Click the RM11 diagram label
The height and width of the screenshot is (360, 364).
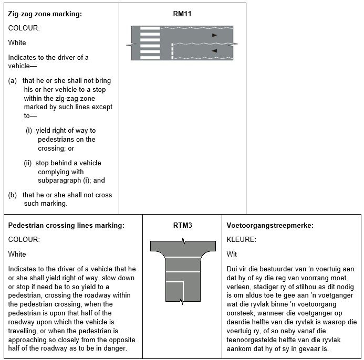182,14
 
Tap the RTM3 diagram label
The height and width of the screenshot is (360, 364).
182,225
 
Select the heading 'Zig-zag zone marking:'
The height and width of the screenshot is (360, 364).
45,14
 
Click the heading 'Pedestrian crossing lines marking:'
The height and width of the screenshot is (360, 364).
66,226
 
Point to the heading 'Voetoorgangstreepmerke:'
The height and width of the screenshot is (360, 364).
270,226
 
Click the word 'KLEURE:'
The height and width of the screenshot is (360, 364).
242,239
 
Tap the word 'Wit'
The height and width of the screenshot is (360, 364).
232,254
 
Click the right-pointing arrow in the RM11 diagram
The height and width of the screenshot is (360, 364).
214,35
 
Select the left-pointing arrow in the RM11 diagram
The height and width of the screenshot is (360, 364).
214,50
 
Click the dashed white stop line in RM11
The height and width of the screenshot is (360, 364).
172,51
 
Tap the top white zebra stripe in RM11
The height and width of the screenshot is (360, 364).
150,28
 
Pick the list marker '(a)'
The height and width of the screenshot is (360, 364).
13,81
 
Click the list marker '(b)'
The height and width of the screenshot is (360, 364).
13,195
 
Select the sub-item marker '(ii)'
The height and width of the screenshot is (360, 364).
28,163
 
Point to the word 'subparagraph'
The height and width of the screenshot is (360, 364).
59,181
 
